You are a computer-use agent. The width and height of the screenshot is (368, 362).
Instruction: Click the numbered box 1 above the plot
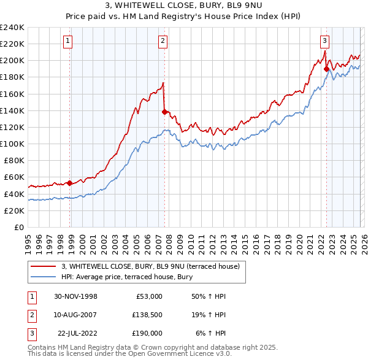pos(67,41)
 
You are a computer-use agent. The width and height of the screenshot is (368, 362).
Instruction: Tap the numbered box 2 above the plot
pos(163,41)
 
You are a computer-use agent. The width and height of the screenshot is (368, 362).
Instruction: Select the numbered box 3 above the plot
pos(324,41)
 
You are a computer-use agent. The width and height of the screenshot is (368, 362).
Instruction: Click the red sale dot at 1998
pos(70,182)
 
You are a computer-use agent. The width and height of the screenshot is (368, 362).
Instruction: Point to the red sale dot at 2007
pos(164,112)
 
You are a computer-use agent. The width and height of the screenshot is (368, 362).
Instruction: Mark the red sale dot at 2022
pos(326,69)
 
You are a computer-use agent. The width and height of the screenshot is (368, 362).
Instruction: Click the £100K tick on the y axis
pos(12,144)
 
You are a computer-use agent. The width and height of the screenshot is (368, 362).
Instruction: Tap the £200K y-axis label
pos(12,61)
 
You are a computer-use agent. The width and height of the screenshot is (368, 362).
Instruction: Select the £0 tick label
pos(18,227)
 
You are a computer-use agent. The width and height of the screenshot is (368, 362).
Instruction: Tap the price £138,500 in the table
pos(145,315)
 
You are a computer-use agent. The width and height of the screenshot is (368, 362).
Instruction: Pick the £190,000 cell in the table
pos(145,333)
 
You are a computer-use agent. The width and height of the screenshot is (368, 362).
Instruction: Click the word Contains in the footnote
pos(42,347)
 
